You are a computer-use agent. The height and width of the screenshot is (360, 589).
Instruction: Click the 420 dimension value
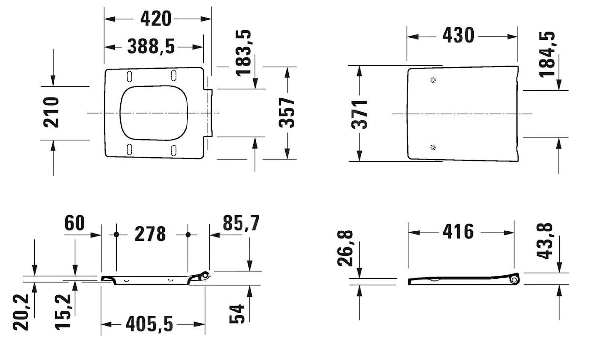click(x=156, y=19)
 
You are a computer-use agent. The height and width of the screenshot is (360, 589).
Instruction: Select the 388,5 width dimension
click(x=151, y=47)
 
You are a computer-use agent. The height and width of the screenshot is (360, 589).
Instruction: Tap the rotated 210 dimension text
click(x=51, y=112)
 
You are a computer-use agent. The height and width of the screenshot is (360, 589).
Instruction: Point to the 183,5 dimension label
click(x=244, y=53)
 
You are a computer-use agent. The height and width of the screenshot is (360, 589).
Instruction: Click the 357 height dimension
click(x=287, y=112)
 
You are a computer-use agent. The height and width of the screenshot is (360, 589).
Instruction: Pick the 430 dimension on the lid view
click(x=458, y=36)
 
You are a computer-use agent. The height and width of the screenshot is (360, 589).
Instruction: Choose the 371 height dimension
click(x=359, y=114)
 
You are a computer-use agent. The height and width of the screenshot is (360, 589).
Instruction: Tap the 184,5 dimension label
click(x=547, y=54)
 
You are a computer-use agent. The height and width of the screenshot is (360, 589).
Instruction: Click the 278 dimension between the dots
click(x=150, y=234)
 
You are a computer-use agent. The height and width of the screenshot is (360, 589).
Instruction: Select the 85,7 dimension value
click(x=241, y=223)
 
